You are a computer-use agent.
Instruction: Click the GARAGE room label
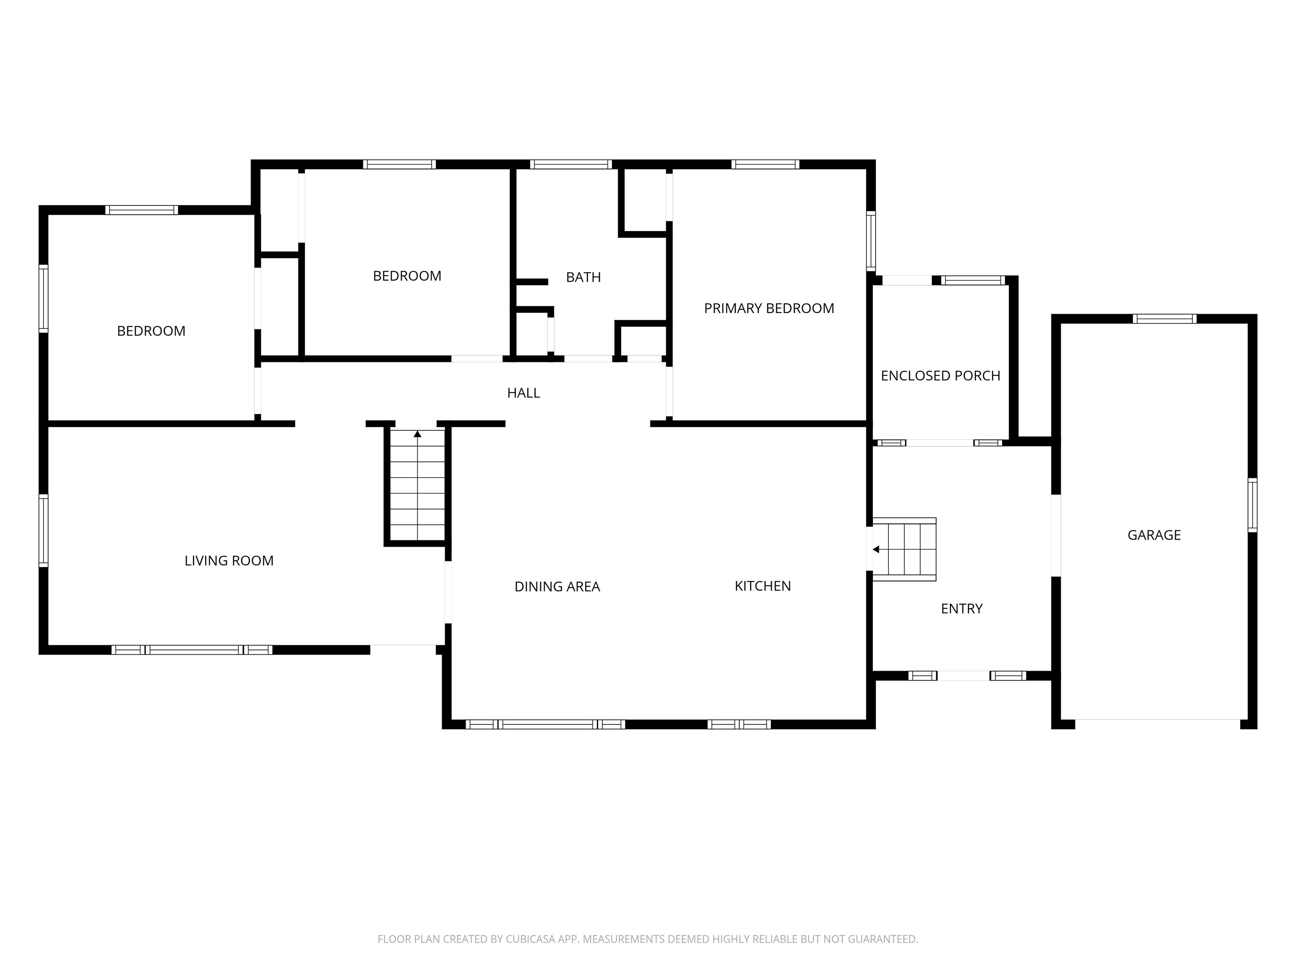(x=1154, y=535)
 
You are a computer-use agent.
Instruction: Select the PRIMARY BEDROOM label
(x=769, y=309)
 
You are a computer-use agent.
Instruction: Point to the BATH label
(x=583, y=277)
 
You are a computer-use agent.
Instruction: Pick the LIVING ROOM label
(x=229, y=561)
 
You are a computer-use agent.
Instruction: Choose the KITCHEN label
(x=762, y=586)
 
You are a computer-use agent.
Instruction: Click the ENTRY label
(x=961, y=609)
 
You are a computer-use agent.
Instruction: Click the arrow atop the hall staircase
(x=417, y=434)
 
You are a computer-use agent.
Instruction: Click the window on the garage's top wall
(x=1164, y=319)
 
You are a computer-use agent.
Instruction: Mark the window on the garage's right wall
(x=1252, y=505)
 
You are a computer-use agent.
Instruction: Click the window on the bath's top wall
(x=571, y=164)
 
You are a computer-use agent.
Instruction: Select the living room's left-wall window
(x=43, y=530)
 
